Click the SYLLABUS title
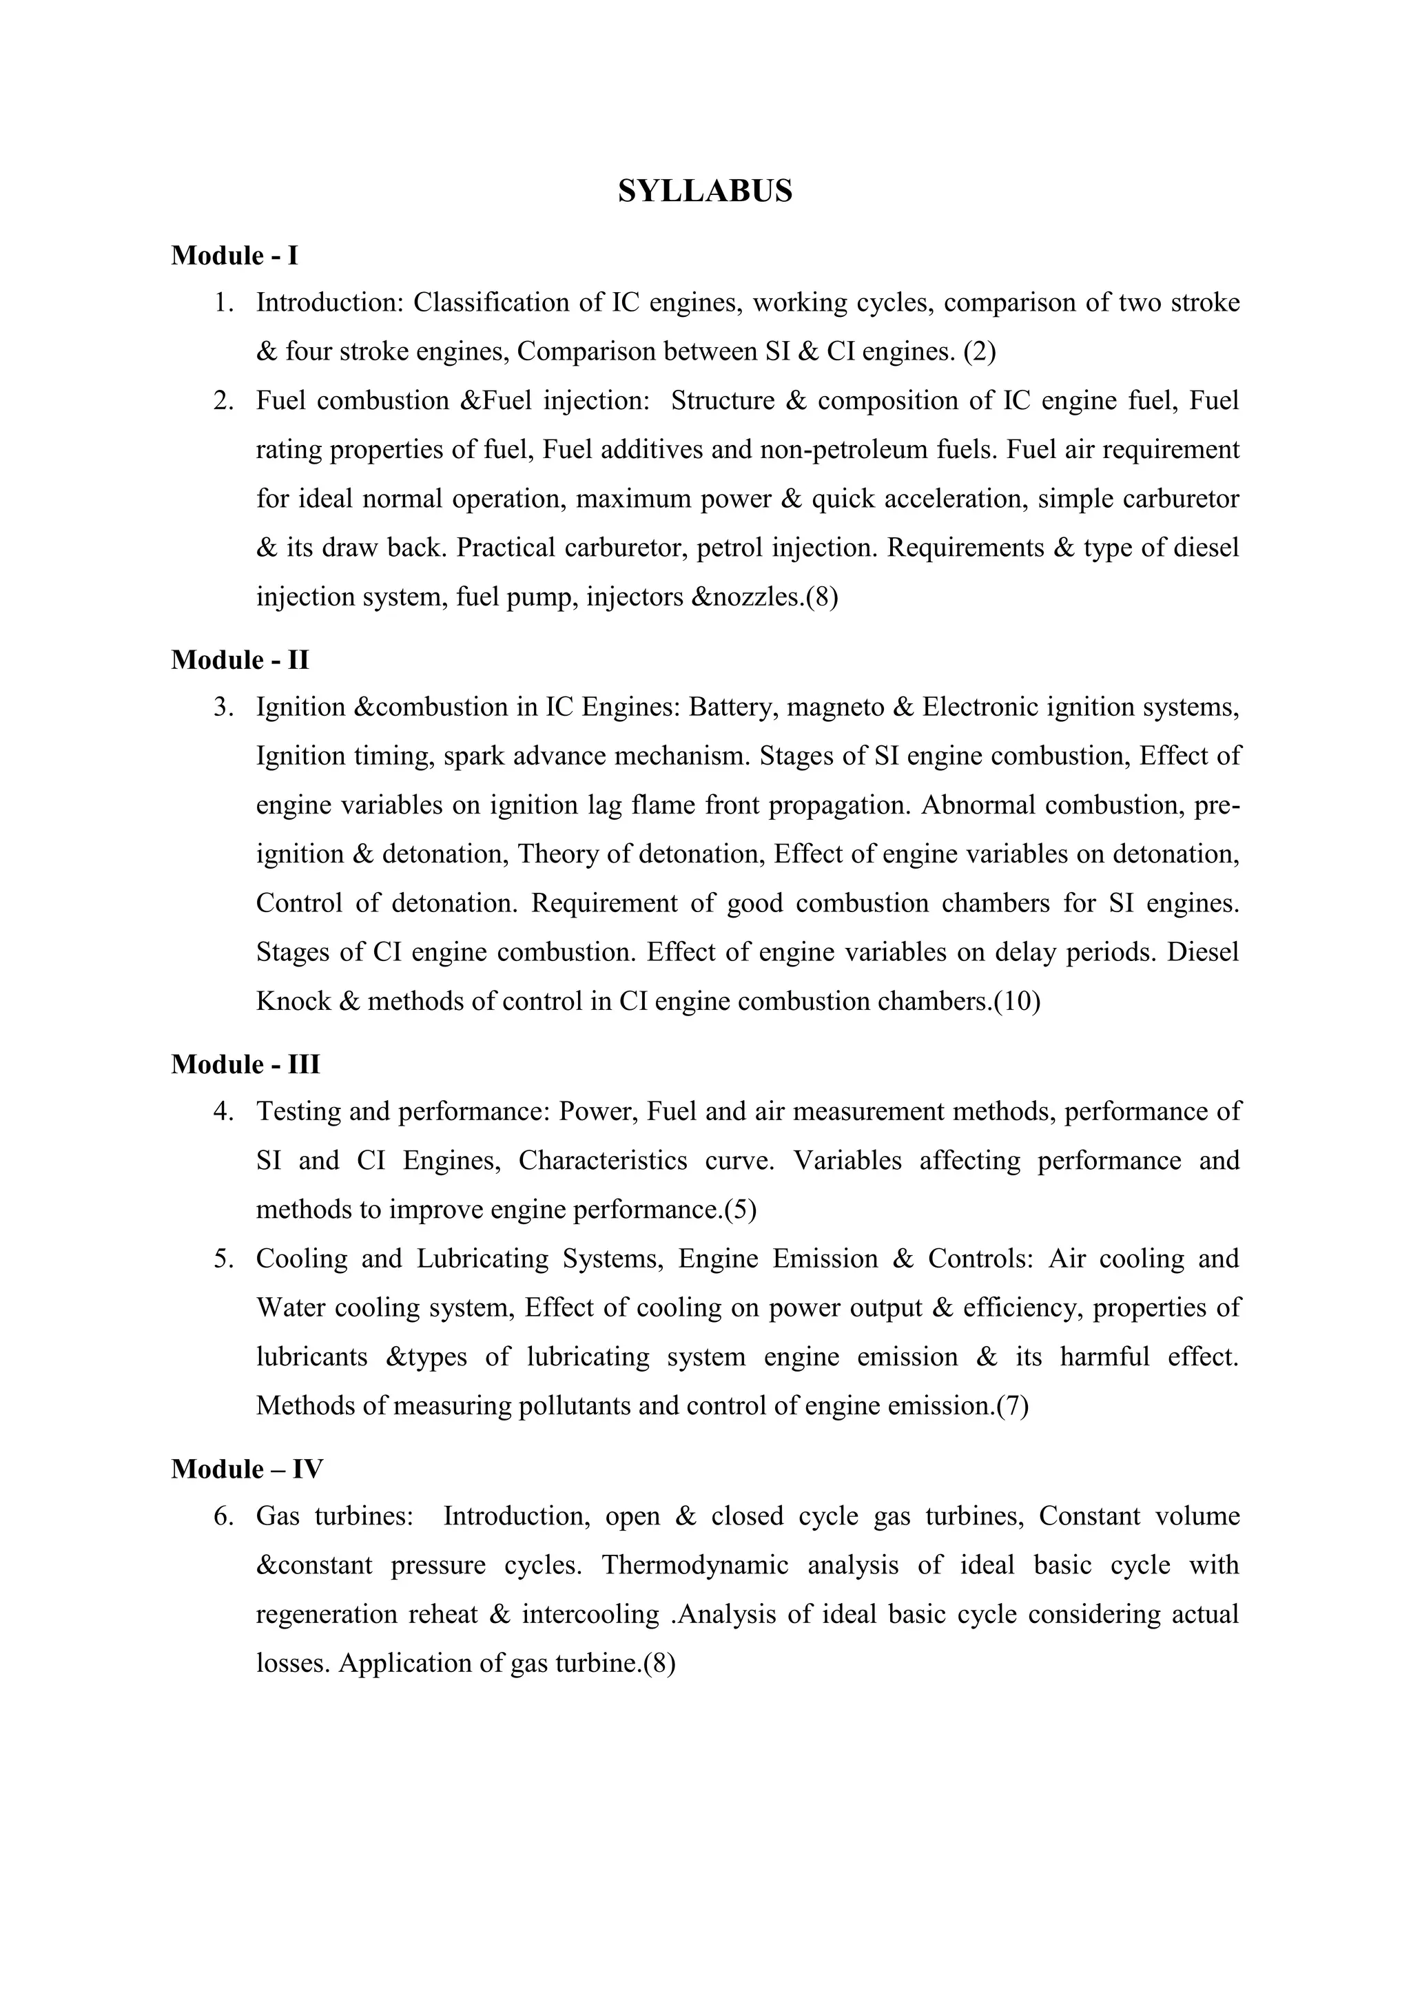(x=705, y=191)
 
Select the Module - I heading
(x=234, y=256)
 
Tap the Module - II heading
(x=240, y=661)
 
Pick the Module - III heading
(x=246, y=1064)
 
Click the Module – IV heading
(x=247, y=1469)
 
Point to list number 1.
(x=224, y=303)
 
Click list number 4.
(x=224, y=1112)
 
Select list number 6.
(x=224, y=1517)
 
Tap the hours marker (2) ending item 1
(x=979, y=352)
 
